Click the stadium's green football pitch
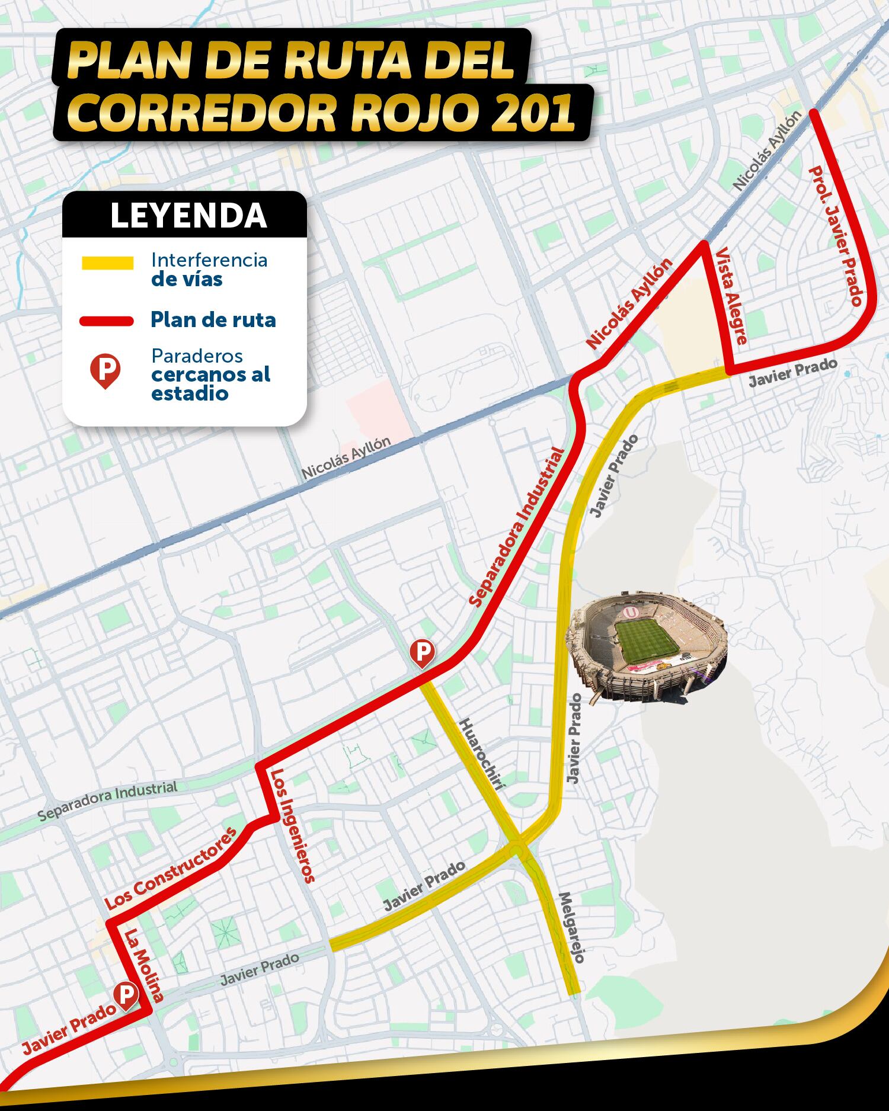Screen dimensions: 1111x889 tap(646, 642)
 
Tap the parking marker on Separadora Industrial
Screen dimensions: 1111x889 tap(422, 652)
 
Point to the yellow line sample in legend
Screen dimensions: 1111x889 tap(107, 263)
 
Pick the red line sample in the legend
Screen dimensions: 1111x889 tap(107, 321)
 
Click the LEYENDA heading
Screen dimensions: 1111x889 tap(188, 216)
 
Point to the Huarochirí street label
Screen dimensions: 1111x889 tap(483, 754)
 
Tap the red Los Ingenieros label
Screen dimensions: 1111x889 tap(292, 826)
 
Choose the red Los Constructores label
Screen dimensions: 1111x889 tap(171, 868)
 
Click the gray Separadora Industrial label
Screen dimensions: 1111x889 tap(107, 801)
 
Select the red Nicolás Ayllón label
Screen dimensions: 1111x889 tap(630, 303)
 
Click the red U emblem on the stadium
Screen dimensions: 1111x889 tap(633, 610)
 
